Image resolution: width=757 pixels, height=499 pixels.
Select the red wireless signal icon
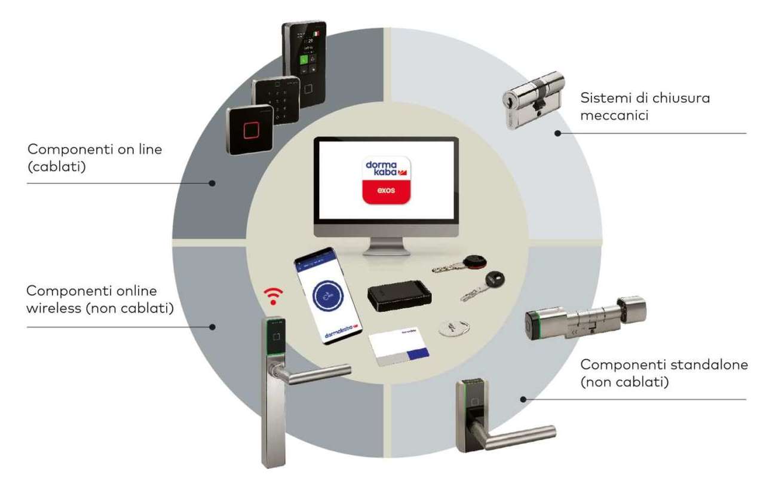tap(274, 295)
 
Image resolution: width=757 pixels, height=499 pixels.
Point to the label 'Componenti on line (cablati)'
tap(94, 157)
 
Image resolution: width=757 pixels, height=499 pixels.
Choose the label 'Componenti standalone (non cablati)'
tap(663, 372)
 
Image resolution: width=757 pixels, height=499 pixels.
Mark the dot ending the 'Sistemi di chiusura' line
tap(557, 133)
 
